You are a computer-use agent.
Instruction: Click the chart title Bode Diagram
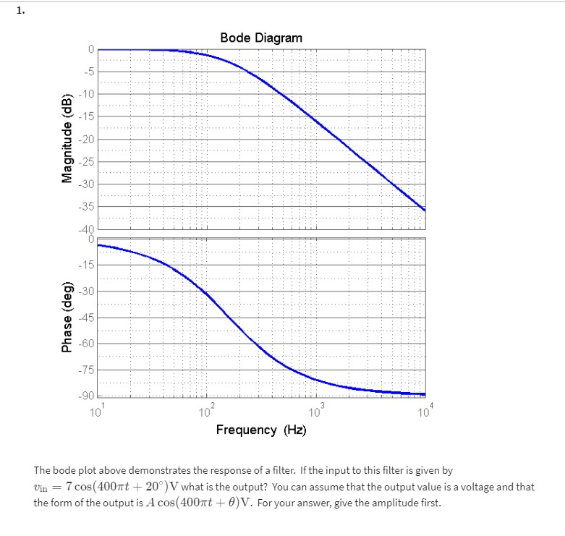261,37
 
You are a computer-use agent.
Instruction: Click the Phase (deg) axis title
68,317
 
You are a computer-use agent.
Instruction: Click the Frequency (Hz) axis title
261,430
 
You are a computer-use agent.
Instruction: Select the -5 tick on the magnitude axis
88,71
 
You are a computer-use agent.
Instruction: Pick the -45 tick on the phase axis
86,318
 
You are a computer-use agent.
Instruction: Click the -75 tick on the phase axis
86,370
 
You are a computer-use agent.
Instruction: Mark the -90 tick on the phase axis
86,395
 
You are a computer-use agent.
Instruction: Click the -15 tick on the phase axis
86,265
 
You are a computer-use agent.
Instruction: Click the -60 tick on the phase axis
86,344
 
